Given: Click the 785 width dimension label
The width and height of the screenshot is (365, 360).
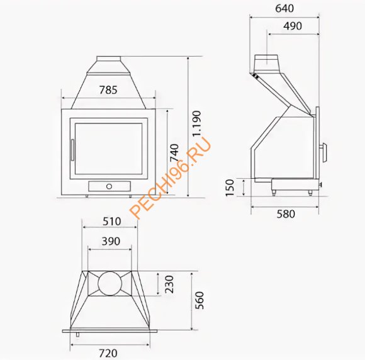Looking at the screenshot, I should click(x=108, y=90).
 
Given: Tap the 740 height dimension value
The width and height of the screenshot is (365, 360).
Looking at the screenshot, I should click(x=174, y=153).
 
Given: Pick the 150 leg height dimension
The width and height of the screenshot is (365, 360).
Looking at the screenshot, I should click(x=230, y=187).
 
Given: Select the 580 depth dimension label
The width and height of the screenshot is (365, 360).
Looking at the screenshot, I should click(x=285, y=213).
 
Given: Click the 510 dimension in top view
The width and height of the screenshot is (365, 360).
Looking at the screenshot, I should click(x=110, y=222).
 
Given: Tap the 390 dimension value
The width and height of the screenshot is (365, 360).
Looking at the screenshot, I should click(x=110, y=241).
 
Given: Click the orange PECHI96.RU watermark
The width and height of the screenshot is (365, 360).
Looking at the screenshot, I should click(x=171, y=179).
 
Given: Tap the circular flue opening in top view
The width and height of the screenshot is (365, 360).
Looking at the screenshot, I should click(x=110, y=284).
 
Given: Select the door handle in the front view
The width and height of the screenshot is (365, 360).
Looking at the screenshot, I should click(x=72, y=151).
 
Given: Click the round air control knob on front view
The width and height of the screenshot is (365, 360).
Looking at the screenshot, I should click(x=109, y=186).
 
